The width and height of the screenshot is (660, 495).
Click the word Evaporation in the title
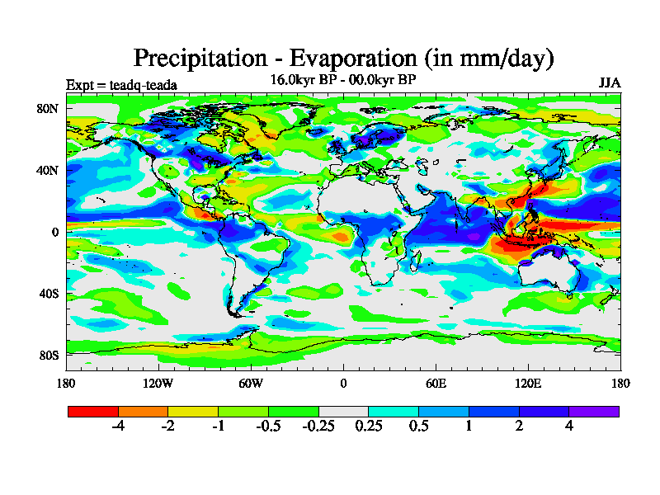pyautogui.click(x=342, y=59)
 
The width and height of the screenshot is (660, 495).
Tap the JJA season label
pyautogui.click(x=610, y=83)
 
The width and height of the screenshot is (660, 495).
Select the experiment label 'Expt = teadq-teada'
pyautogui.click(x=121, y=85)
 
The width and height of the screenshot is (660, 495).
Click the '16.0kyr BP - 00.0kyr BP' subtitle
pyautogui.click(x=343, y=80)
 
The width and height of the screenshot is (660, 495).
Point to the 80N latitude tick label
pyautogui.click(x=48, y=108)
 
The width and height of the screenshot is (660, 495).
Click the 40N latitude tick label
pyautogui.click(x=48, y=170)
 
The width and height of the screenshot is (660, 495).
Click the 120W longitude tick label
pyautogui.click(x=158, y=383)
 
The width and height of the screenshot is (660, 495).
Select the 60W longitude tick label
pyautogui.click(x=251, y=383)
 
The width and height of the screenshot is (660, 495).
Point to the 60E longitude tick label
pyautogui.click(x=436, y=383)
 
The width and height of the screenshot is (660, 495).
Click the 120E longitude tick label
pyautogui.click(x=528, y=383)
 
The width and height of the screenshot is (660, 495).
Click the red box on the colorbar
pyautogui.click(x=93, y=410)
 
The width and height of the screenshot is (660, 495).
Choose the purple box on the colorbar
pyautogui.click(x=594, y=410)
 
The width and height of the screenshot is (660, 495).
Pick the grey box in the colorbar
pyautogui.click(x=343, y=410)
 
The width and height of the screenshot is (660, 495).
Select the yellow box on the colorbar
pyautogui.click(x=193, y=410)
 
